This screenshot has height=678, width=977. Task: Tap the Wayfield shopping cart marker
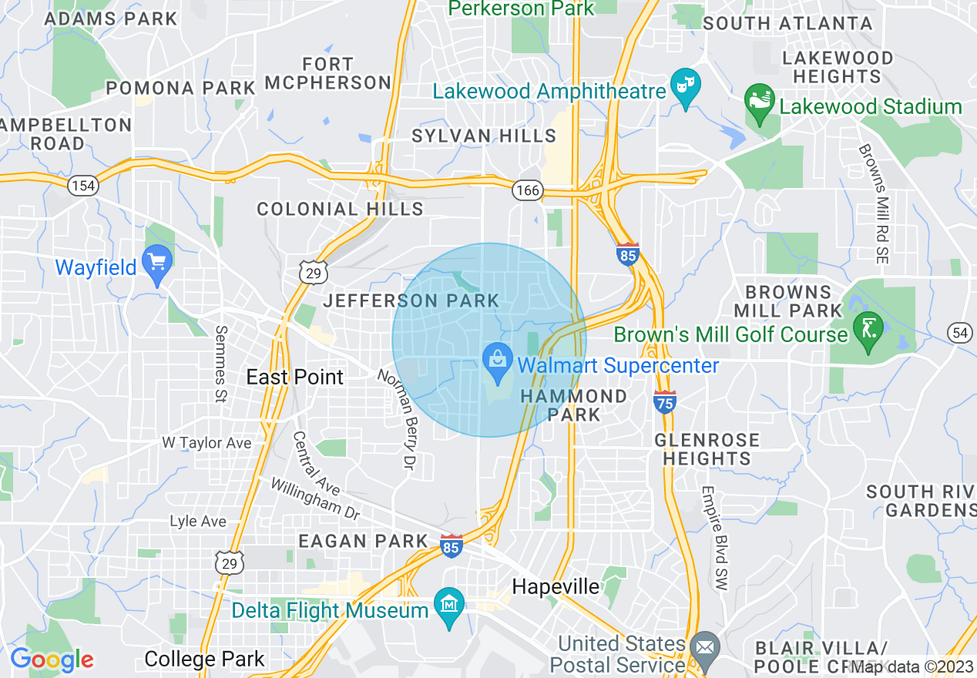click(156, 264)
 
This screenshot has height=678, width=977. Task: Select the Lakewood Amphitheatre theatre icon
click(683, 86)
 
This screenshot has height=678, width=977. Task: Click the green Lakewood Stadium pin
click(760, 103)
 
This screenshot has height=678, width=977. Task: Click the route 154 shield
click(82, 186)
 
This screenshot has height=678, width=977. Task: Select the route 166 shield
click(529, 190)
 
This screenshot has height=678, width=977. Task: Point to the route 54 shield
click(959, 332)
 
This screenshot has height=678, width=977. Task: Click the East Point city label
click(294, 377)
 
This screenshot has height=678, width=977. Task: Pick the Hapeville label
click(556, 587)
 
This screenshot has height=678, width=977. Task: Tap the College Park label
click(204, 660)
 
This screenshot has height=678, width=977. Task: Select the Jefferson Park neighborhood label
click(411, 300)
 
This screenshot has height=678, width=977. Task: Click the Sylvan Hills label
click(484, 136)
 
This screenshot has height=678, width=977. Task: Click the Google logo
click(52, 660)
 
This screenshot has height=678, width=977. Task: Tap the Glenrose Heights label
click(707, 449)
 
